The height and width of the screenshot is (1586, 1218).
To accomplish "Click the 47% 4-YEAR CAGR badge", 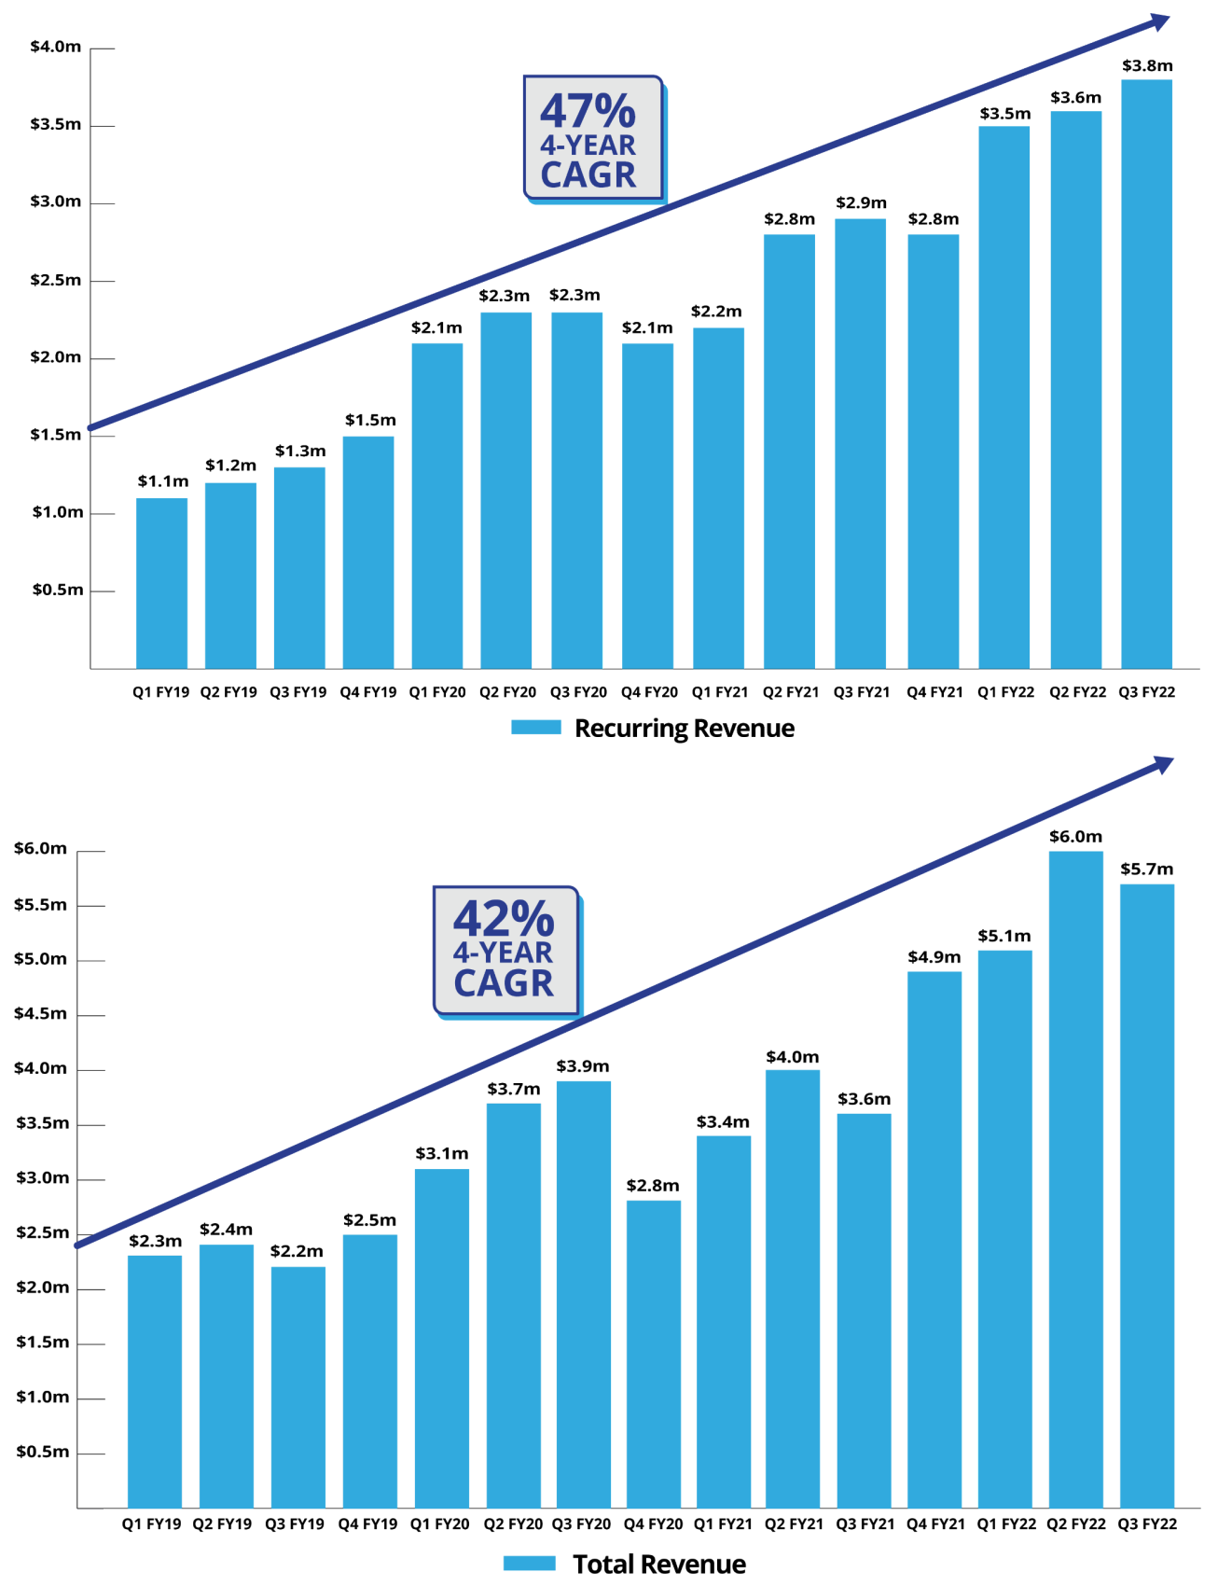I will point(592,138).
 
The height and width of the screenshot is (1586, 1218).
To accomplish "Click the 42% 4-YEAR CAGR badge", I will point(505,950).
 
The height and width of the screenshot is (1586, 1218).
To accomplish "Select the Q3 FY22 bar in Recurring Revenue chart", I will point(1146,373).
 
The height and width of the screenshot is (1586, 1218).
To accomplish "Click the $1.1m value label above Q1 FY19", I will point(163,481).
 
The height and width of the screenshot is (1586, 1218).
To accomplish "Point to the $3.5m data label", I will point(1004,114).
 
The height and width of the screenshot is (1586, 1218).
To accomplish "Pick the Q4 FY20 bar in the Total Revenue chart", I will point(653,1353).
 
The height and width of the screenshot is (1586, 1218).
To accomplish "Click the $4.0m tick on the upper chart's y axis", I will point(56,47).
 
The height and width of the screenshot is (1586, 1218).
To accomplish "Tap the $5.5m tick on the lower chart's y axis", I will point(41,905).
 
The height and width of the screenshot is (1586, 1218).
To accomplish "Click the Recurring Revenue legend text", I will point(684,729).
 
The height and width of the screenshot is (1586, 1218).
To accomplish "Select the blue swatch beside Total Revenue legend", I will point(529,1564).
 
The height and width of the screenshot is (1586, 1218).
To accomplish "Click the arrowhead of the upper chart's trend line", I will point(1161,20).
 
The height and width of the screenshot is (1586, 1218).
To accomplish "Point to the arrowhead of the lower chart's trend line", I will point(1164,764).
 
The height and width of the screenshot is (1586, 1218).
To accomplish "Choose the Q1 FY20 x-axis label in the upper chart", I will point(437,692).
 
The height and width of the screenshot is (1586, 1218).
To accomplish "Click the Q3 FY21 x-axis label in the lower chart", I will point(865,1523).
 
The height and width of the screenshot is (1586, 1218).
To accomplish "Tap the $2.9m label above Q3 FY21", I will point(861,202).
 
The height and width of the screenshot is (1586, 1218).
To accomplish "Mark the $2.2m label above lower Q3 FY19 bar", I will point(297,1251).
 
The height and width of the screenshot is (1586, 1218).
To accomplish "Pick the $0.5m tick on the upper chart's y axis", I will point(58,590).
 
